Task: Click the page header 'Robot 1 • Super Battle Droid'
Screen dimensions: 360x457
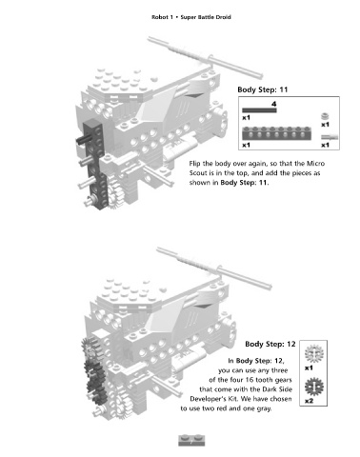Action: point(191,17)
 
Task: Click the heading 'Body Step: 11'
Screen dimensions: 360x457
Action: point(263,89)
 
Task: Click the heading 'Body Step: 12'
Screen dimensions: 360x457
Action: point(270,344)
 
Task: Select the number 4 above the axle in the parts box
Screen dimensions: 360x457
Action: point(274,104)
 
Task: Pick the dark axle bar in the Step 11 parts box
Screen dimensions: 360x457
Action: point(259,110)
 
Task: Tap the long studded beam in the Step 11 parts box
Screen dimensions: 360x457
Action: point(276,133)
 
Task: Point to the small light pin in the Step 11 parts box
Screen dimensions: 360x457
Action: point(330,137)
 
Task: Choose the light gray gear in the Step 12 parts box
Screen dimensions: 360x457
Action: point(313,354)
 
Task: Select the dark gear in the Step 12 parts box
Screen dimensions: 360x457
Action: point(314,387)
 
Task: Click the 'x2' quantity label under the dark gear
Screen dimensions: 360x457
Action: point(309,401)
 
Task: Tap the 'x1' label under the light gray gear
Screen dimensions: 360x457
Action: point(309,368)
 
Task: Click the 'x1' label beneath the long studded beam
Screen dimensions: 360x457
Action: point(246,145)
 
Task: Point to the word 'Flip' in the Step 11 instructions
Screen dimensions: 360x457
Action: point(194,164)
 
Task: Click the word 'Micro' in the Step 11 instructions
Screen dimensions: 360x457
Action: point(315,164)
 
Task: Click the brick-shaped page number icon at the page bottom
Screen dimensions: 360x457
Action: point(191,440)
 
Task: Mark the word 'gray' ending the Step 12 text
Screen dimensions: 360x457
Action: point(264,408)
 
